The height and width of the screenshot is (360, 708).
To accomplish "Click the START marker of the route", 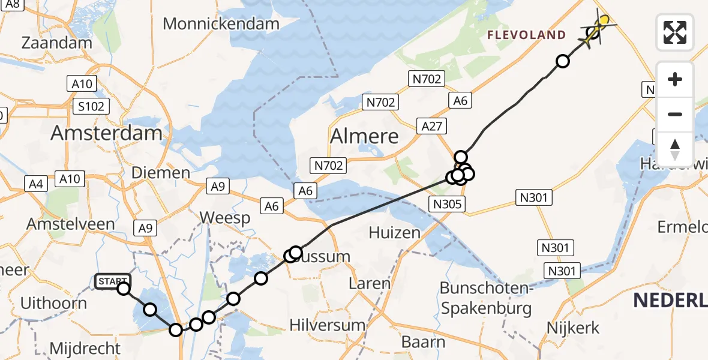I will click(112, 281).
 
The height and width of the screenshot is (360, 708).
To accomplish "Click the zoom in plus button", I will click(675, 79).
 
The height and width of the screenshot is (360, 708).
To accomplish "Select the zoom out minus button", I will click(675, 114).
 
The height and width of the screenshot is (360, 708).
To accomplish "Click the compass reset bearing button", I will click(675, 149).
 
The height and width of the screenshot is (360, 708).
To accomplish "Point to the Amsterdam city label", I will click(106, 133).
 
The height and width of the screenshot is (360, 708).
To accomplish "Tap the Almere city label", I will click(365, 136).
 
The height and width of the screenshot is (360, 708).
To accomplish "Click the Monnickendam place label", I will click(221, 24).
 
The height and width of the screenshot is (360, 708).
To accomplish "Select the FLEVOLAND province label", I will click(526, 35).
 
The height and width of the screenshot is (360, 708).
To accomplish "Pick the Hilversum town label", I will click(328, 325).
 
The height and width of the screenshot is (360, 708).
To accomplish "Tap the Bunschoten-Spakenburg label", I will click(486, 298).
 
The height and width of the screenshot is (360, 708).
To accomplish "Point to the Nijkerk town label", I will click(573, 328).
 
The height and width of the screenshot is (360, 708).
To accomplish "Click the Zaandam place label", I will click(52, 43).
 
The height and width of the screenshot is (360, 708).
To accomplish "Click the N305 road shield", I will click(447, 204).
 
